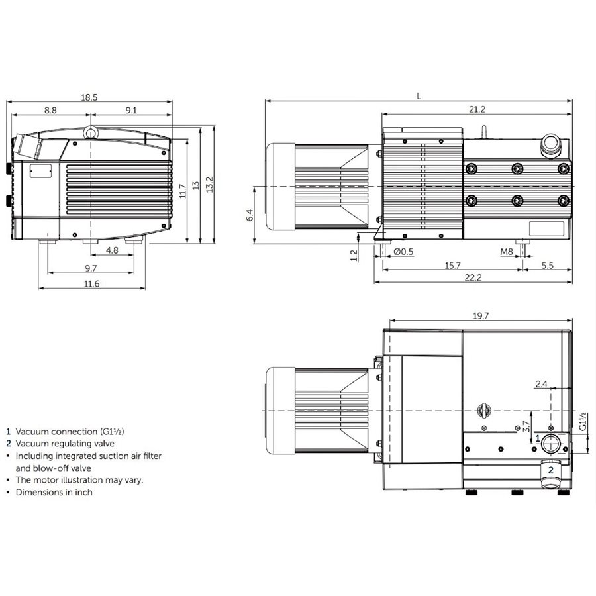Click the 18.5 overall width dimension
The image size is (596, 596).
tap(89, 97)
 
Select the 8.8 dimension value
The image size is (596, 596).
tap(50, 110)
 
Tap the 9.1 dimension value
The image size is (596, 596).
tap(131, 110)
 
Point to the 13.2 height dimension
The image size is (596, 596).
tap(209, 184)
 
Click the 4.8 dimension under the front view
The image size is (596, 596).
tap(112, 250)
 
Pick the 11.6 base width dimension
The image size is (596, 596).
tap(91, 283)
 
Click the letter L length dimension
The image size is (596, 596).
tap(419, 96)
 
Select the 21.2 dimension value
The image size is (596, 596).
tap(477, 109)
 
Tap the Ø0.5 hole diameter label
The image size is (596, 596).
tap(404, 252)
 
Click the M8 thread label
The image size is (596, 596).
tap(507, 252)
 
